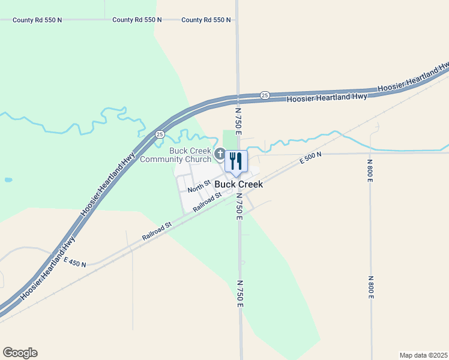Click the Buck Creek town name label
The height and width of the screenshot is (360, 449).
tap(238, 184)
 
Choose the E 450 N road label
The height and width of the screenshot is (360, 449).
tap(75, 263)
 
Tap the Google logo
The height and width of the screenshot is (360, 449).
tap(20, 353)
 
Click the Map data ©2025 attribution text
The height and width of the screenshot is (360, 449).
tap(423, 355)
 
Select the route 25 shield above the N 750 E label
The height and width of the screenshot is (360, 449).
tap(264, 95)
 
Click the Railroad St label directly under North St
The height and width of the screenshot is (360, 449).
tap(207, 202)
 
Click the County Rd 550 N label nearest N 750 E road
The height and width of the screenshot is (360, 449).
tap(206, 20)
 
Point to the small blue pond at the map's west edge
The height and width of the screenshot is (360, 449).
tap(8, 179)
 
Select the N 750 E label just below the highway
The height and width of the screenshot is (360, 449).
tap(238, 121)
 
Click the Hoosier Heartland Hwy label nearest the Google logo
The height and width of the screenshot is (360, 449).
tap(47, 268)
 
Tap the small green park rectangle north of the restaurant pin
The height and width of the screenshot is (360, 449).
tap(230, 138)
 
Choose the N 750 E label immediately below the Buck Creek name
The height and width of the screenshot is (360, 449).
tap(239, 206)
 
